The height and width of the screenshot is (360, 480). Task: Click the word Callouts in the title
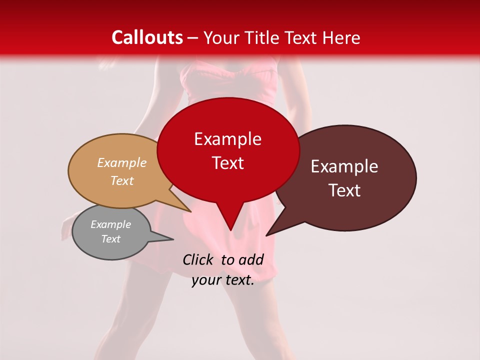[147, 37]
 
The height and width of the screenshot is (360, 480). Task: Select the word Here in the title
[341, 37]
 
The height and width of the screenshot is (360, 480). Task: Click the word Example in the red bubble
[227, 139]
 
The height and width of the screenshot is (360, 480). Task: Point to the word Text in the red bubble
[227, 163]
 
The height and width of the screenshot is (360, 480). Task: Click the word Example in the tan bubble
[122, 162]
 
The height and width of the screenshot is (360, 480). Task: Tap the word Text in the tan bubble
[122, 180]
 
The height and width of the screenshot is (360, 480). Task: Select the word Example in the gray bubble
[110, 224]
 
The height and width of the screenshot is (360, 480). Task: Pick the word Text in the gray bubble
[110, 239]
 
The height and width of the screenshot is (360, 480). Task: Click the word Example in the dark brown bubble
[344, 166]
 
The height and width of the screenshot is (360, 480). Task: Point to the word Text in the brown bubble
[344, 190]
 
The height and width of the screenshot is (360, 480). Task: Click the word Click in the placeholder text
[198, 259]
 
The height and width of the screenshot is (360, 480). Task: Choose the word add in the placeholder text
[251, 259]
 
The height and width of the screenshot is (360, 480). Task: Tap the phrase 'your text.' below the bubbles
[223, 280]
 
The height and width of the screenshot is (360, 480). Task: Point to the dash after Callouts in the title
[193, 37]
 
